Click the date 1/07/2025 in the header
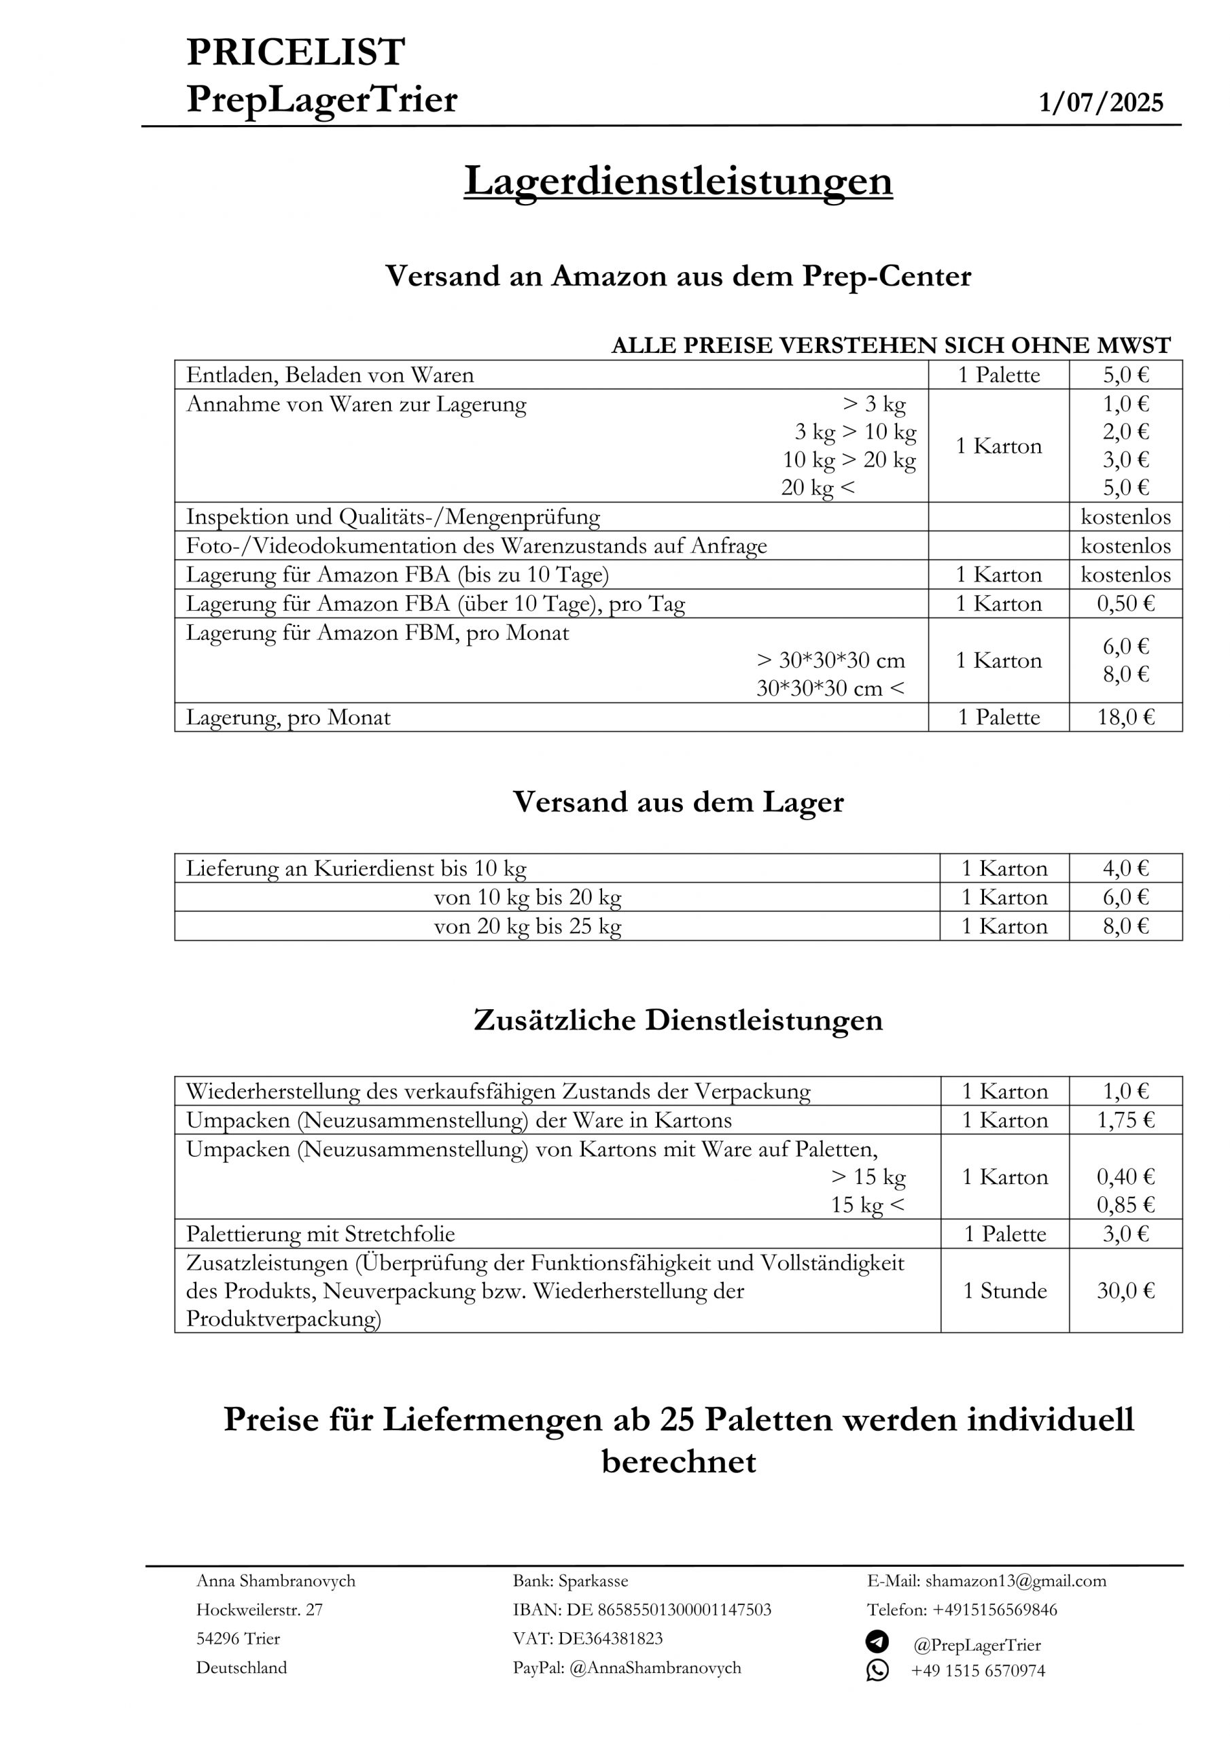[1100, 103]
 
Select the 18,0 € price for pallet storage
[1125, 717]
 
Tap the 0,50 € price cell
[1125, 604]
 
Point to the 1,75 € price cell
[1125, 1120]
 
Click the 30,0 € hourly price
[1125, 1291]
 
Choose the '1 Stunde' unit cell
[1005, 1291]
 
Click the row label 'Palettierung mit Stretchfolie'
[321, 1234]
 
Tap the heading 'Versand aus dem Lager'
[678, 802]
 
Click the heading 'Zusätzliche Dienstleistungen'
[678, 1020]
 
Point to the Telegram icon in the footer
[877, 1642]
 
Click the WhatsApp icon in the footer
[877, 1670]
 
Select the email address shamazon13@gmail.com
[1015, 1581]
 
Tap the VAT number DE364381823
[610, 1638]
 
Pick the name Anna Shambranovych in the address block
[276, 1581]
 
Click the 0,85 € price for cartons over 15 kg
[1125, 1205]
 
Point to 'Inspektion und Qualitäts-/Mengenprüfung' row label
[393, 517]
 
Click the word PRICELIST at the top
[296, 52]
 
